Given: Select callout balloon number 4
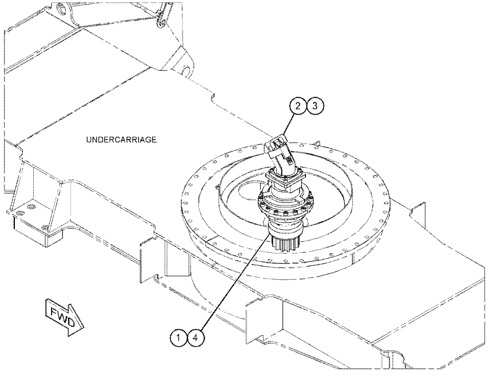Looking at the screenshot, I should tap(196, 338).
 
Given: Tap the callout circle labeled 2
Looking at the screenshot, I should tap(297, 106).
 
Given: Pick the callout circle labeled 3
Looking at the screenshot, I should tap(314, 106).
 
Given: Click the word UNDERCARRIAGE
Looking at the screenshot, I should tap(122, 140).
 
